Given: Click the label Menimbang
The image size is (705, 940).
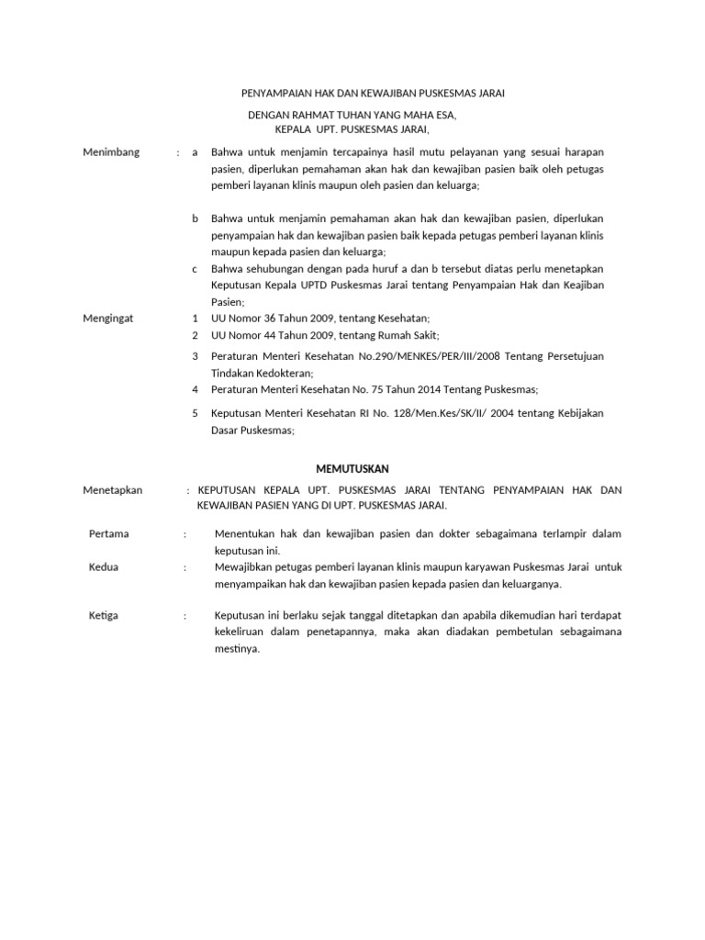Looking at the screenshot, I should pos(111,152).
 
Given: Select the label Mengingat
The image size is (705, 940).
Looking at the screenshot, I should pos(108,318).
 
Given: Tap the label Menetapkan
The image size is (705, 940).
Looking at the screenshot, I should pos(112,490).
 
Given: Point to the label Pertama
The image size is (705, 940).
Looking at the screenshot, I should pos(108,533).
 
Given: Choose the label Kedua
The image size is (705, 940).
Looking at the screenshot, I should pos(104,567).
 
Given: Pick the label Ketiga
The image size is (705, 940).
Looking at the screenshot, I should pos(104,615).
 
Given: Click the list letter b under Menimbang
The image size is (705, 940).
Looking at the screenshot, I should pos(195,218).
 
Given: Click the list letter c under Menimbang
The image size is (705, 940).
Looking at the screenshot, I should pos(195,268).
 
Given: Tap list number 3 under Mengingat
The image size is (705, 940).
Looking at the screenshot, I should pos(195,356).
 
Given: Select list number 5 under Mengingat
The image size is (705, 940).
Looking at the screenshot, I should pos(195,413).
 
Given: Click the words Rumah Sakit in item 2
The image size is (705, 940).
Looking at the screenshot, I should pos(409,335).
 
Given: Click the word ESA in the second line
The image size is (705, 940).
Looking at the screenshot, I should pos(444,117).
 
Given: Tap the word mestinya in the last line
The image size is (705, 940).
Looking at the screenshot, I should pos(235,648).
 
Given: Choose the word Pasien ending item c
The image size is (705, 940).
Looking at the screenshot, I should pos(227,301).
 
